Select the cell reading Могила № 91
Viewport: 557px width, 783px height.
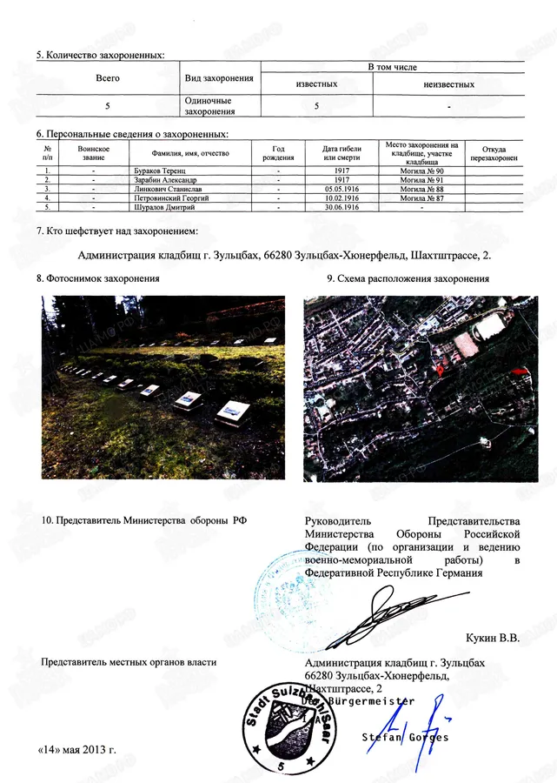(x=421, y=180)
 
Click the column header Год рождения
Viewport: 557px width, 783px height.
(x=278, y=153)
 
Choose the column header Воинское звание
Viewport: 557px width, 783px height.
(x=93, y=153)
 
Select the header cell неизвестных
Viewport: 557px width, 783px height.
(x=448, y=84)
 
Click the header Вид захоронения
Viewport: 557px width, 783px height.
(x=220, y=78)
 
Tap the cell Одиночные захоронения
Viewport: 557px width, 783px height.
(x=209, y=105)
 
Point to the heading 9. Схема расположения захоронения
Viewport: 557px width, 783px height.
(x=408, y=278)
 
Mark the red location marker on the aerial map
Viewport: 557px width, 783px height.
(x=439, y=369)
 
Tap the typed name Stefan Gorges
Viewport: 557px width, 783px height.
(x=405, y=738)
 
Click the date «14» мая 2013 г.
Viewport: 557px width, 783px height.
(x=76, y=748)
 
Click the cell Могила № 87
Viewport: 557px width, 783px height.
(x=421, y=198)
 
